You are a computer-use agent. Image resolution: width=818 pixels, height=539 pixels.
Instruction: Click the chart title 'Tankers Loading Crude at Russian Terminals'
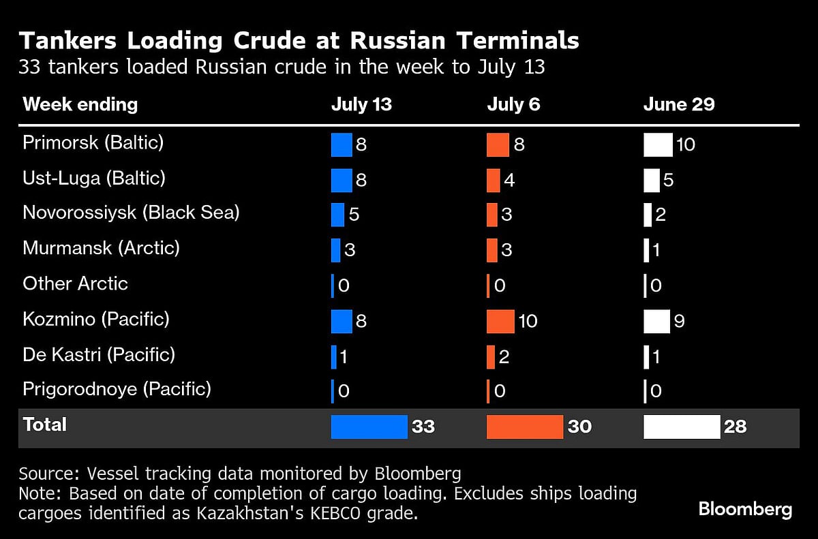(x=299, y=41)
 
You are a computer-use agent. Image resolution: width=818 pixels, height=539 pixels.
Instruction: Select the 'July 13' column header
(x=361, y=104)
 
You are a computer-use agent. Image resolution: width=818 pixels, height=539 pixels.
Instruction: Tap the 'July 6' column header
(x=513, y=104)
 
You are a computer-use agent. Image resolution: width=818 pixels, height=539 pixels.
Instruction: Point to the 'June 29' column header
(x=679, y=104)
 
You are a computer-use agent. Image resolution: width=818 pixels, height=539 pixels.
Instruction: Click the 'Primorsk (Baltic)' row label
(x=93, y=143)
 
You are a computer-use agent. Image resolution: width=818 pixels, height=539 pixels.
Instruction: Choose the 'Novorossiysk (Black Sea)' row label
(x=131, y=213)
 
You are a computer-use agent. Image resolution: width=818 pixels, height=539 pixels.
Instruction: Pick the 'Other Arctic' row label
(x=75, y=283)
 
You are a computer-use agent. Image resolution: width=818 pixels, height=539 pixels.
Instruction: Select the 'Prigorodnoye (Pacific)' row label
(x=117, y=389)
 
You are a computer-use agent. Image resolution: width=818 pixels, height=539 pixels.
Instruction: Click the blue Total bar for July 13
(x=369, y=427)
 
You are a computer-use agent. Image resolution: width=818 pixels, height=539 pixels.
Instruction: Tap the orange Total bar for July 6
(x=524, y=427)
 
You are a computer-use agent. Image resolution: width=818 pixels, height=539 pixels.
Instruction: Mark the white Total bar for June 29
(x=682, y=427)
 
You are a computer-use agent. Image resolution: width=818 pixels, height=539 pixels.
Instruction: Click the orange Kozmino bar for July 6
(x=500, y=321)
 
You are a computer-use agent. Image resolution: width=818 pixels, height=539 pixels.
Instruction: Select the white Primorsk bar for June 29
(x=658, y=145)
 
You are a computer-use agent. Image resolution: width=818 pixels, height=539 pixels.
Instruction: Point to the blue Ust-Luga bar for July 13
(x=341, y=181)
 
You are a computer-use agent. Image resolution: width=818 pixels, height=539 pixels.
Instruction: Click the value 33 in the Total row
(x=423, y=427)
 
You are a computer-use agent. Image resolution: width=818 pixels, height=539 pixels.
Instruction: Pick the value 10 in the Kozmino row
(x=528, y=321)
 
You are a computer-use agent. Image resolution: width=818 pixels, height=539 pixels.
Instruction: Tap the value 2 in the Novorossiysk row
(x=660, y=215)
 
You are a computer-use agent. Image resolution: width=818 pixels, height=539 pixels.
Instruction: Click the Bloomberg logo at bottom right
(x=745, y=509)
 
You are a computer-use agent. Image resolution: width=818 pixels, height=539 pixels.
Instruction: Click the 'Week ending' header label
(x=80, y=104)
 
